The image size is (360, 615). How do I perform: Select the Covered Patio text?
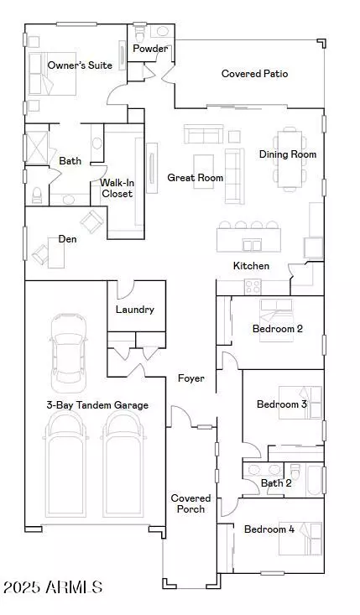[x=254, y=74]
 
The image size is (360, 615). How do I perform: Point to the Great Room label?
[x=195, y=177]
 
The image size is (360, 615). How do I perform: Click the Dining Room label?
[x=287, y=154]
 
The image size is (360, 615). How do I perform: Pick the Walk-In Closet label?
[x=117, y=188]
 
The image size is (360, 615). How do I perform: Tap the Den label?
[x=67, y=239]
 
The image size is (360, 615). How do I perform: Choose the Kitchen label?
[x=251, y=266]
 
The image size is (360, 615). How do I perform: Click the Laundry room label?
[x=135, y=310]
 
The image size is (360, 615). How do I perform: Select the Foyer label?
[x=191, y=378]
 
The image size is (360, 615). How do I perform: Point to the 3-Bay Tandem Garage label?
[x=97, y=405]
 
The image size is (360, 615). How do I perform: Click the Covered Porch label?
[x=190, y=503]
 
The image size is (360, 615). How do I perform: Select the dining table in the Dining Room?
[x=290, y=156]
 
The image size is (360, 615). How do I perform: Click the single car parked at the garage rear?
[x=68, y=352]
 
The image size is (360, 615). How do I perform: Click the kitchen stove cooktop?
[x=253, y=286]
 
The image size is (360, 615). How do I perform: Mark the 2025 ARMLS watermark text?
[x=53, y=587]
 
